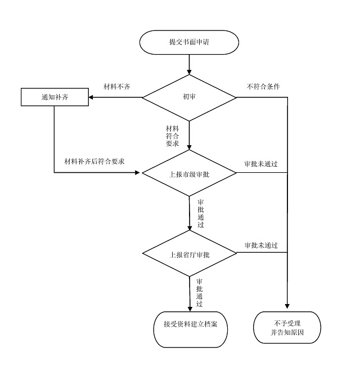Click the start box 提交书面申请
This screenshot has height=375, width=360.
[190, 42]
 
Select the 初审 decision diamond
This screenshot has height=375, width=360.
[189, 97]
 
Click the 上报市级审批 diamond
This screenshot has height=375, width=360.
[189, 173]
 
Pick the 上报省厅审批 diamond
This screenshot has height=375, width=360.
[189, 254]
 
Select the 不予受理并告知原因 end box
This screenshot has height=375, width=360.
[287, 327]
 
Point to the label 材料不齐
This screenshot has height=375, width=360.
[117, 87]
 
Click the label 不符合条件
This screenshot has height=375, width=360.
[263, 87]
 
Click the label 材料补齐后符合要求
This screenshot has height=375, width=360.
[94, 161]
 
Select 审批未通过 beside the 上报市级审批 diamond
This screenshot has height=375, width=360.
[260, 164]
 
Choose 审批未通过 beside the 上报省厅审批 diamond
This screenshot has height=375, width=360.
[260, 245]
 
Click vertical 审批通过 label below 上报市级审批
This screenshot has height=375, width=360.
[201, 212]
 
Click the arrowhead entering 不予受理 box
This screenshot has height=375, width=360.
[287, 306]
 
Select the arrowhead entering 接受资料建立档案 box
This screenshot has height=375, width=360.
[189, 306]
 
